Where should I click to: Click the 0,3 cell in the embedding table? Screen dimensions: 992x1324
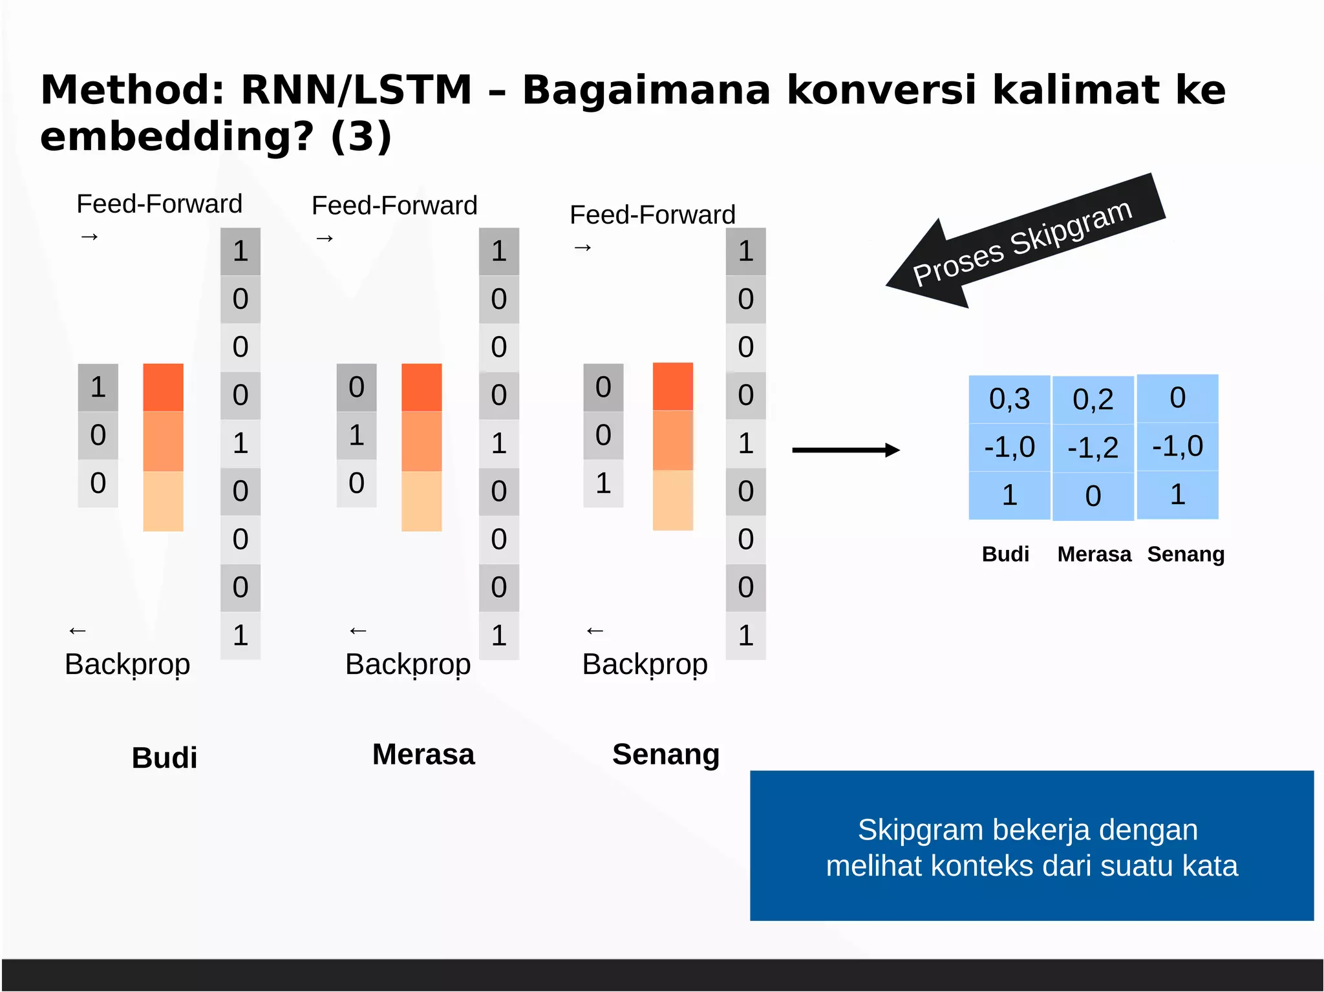[x=1009, y=399]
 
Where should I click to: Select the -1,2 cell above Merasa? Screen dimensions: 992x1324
[x=1093, y=448]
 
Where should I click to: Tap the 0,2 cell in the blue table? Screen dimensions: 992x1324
[x=1093, y=399]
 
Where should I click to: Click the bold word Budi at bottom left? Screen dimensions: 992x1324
[x=164, y=757]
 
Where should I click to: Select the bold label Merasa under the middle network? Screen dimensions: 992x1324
[x=423, y=754]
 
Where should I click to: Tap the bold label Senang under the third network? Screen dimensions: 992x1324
[x=666, y=754]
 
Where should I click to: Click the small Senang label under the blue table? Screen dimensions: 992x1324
[x=1186, y=554]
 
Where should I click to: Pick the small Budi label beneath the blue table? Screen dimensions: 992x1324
[x=1005, y=554]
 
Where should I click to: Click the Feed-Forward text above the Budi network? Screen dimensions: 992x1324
[x=159, y=204]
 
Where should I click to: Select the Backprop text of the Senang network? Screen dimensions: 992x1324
[x=645, y=664]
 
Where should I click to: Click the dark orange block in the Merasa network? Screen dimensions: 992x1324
[x=422, y=387]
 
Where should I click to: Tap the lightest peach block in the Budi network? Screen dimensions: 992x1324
[x=163, y=501]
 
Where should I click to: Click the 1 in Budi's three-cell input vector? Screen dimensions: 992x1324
[x=98, y=387]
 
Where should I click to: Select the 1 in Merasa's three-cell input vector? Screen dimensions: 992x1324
[x=356, y=435]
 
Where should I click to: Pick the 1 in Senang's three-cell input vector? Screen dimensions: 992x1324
[x=603, y=483]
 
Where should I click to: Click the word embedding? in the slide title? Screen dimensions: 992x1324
[x=176, y=137]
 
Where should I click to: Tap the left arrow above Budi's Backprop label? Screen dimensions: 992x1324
[x=78, y=630]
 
